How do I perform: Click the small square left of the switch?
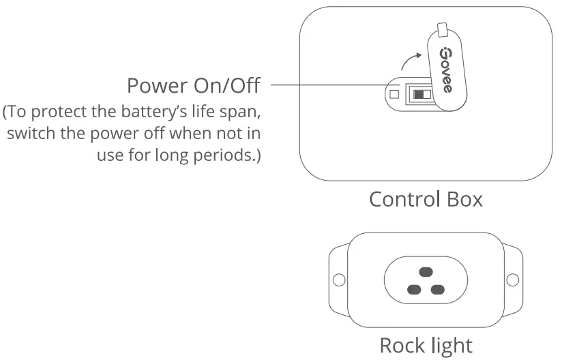[x=395, y=94]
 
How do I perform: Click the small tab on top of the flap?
[x=443, y=29]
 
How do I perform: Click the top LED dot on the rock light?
[x=426, y=270]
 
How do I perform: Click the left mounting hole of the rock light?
[x=336, y=280]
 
